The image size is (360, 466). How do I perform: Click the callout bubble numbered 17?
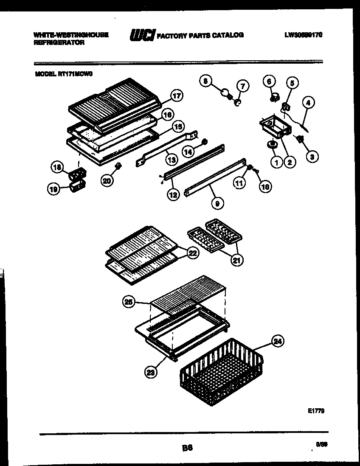[x=177, y=96]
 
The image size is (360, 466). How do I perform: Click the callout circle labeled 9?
[x=217, y=204]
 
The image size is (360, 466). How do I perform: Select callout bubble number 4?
[x=309, y=102]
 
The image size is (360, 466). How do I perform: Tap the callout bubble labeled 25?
[x=129, y=302]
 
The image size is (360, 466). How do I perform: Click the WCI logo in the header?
[x=142, y=36]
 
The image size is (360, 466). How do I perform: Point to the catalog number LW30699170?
[x=303, y=35]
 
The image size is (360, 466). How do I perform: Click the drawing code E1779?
[x=316, y=411]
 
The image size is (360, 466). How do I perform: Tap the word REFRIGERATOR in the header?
[x=59, y=42]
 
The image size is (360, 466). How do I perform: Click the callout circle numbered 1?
[x=277, y=162]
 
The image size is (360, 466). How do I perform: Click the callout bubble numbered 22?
[x=193, y=253]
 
